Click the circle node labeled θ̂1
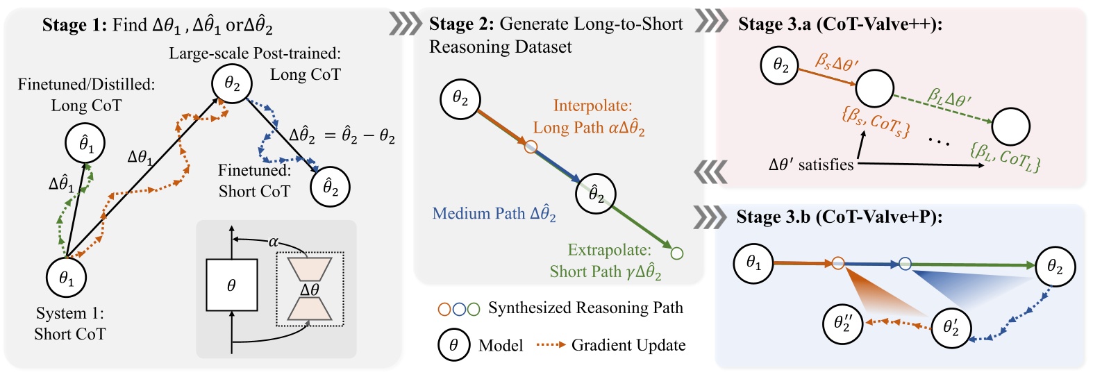(x=85, y=144)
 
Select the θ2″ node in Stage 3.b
(x=842, y=324)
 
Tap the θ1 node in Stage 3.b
(x=753, y=263)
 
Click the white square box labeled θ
(x=231, y=285)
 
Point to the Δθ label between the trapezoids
(x=310, y=290)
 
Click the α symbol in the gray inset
(x=273, y=242)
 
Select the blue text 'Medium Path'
(x=478, y=213)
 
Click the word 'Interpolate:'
(x=592, y=106)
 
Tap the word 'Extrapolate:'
(x=609, y=249)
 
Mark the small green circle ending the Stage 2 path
(x=677, y=253)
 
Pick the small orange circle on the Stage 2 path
(x=531, y=146)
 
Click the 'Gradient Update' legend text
(x=628, y=345)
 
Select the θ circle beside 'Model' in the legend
(x=453, y=346)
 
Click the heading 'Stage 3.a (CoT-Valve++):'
(x=844, y=24)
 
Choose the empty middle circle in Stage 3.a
(x=874, y=88)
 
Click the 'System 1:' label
(x=69, y=313)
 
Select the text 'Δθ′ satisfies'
(x=810, y=165)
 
